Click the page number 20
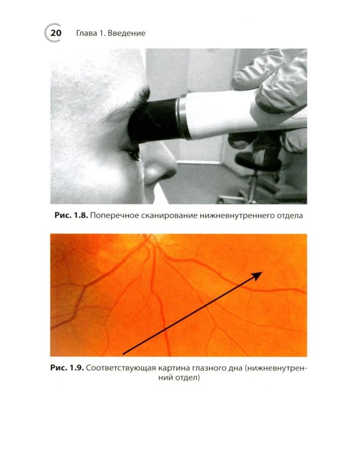(x=56, y=33)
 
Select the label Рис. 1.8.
(x=71, y=215)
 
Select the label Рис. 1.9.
(x=67, y=368)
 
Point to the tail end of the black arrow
(x=123, y=354)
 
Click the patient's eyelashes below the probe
(x=133, y=155)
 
